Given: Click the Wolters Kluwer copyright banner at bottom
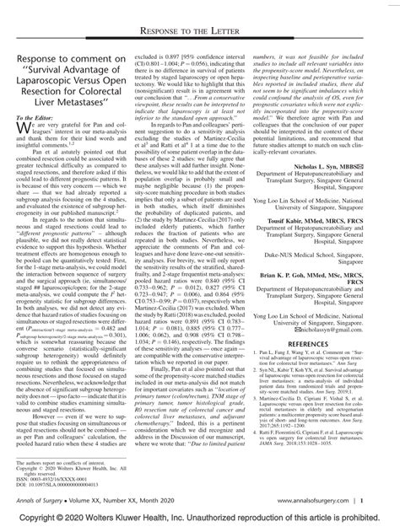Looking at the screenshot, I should [200, 524].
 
